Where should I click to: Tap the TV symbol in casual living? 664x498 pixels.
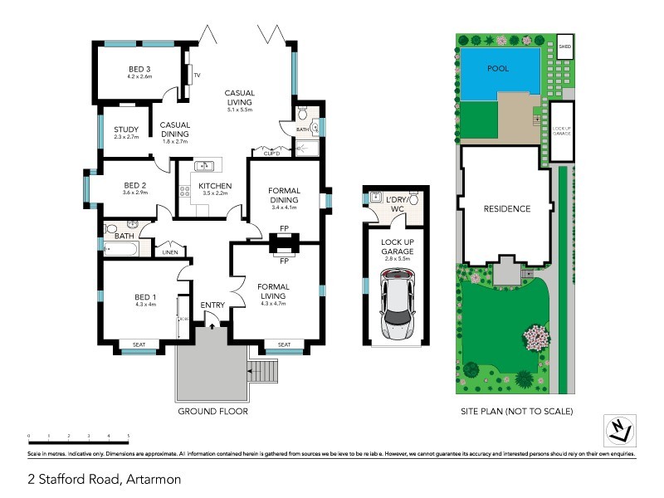point(190,76)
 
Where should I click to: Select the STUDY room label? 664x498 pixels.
point(126,128)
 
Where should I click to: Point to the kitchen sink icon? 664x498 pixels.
point(203,165)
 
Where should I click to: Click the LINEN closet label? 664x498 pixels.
point(168,251)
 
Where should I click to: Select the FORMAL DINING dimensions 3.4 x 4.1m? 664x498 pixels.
point(284,207)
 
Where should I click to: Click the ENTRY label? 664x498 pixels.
point(212,305)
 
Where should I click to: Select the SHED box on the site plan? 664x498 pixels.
point(565,46)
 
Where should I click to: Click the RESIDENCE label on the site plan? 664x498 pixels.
point(506,209)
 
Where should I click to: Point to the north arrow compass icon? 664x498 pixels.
point(617,428)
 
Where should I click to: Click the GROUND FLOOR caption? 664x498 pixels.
point(213,411)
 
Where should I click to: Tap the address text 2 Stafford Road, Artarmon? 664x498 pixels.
point(104,479)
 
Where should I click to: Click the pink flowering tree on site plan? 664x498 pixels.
point(535,337)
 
